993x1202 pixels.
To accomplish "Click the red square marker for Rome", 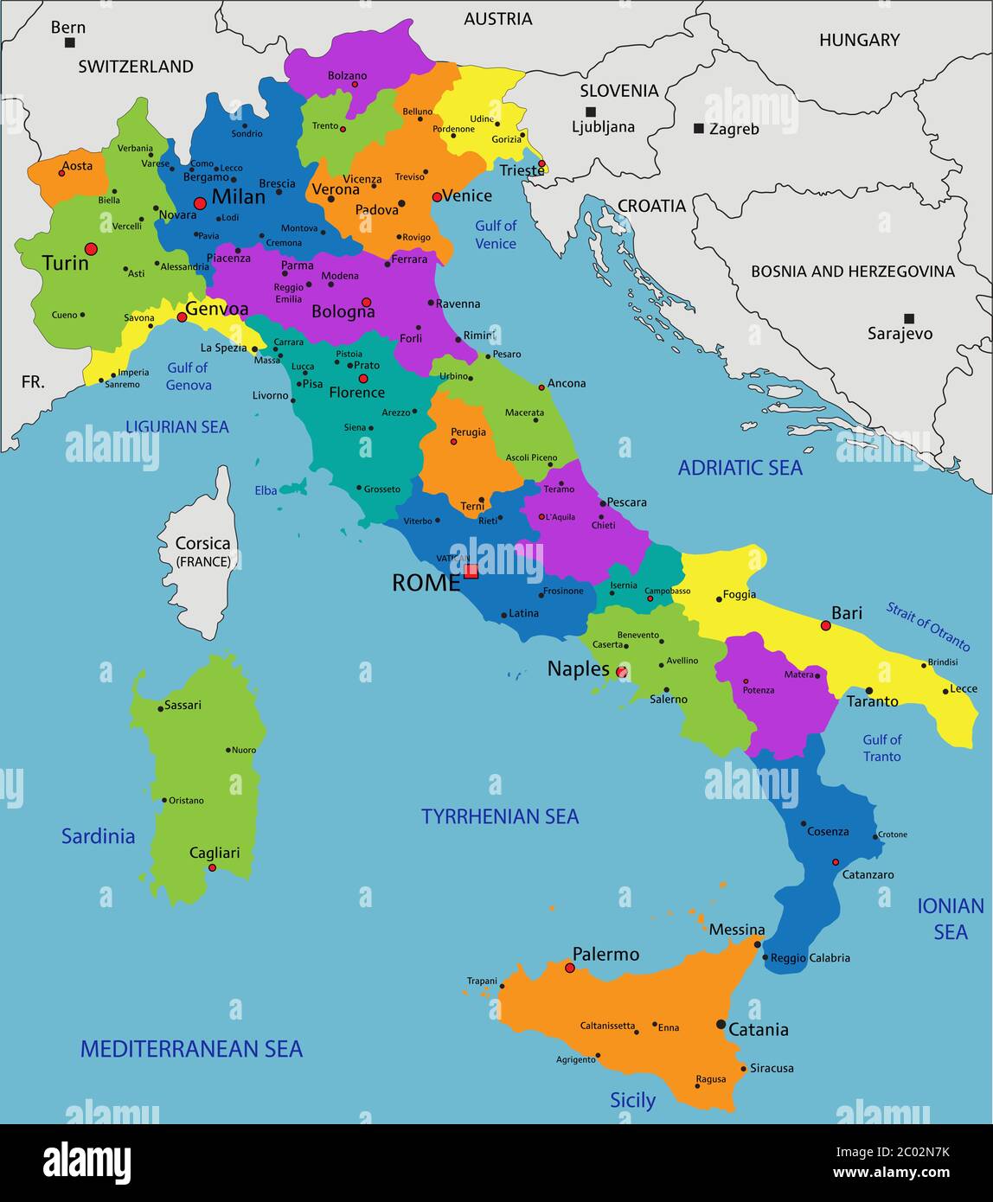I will point(471,571).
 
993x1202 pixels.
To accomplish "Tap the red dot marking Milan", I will point(200,203).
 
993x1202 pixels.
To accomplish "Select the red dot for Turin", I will point(91,249).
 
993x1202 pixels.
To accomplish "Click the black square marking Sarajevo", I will point(908,318).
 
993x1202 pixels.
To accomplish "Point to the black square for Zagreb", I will point(699,129).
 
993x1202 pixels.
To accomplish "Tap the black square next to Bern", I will point(69,42).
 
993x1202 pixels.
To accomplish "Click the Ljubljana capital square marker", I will point(591,112).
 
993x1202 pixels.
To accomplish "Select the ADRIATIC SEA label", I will point(740,468).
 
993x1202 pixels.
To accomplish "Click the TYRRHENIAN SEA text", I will point(499,816).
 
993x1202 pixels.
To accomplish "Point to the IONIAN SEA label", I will point(950,918).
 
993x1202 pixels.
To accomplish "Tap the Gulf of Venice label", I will point(496,234).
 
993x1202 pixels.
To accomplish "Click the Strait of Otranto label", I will point(927,626).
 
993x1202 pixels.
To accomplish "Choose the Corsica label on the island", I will point(202,544).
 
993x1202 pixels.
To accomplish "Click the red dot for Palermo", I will point(570,968).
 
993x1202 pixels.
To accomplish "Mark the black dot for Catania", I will point(721,1024).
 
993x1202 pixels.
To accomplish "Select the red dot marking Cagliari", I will point(212,867).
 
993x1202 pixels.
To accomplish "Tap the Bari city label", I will point(846,613).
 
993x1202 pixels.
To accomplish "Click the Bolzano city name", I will point(347,76).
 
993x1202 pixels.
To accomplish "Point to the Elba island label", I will point(266,490).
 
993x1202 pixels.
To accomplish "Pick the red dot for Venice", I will point(437,197).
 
